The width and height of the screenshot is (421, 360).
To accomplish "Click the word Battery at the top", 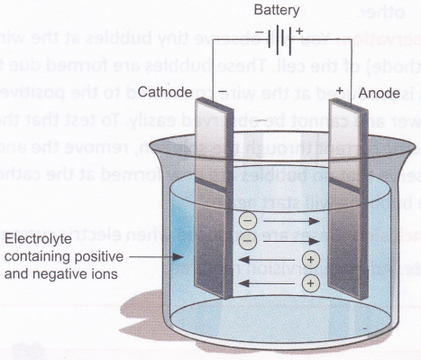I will pos(280,12).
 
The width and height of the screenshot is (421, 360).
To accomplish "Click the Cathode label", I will pos(166,93).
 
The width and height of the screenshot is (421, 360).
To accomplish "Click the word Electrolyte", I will pos(35,239).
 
